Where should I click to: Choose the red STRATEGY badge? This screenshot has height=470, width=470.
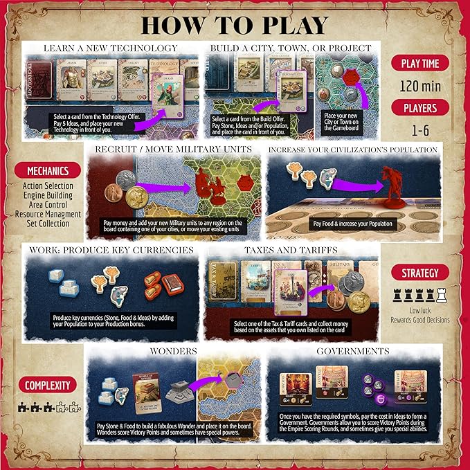[x=419, y=272]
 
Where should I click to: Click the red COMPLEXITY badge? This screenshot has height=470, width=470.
[x=47, y=385]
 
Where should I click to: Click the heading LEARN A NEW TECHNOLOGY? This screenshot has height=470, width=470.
[x=110, y=48]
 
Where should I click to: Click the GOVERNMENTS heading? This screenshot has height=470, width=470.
[x=354, y=352]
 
